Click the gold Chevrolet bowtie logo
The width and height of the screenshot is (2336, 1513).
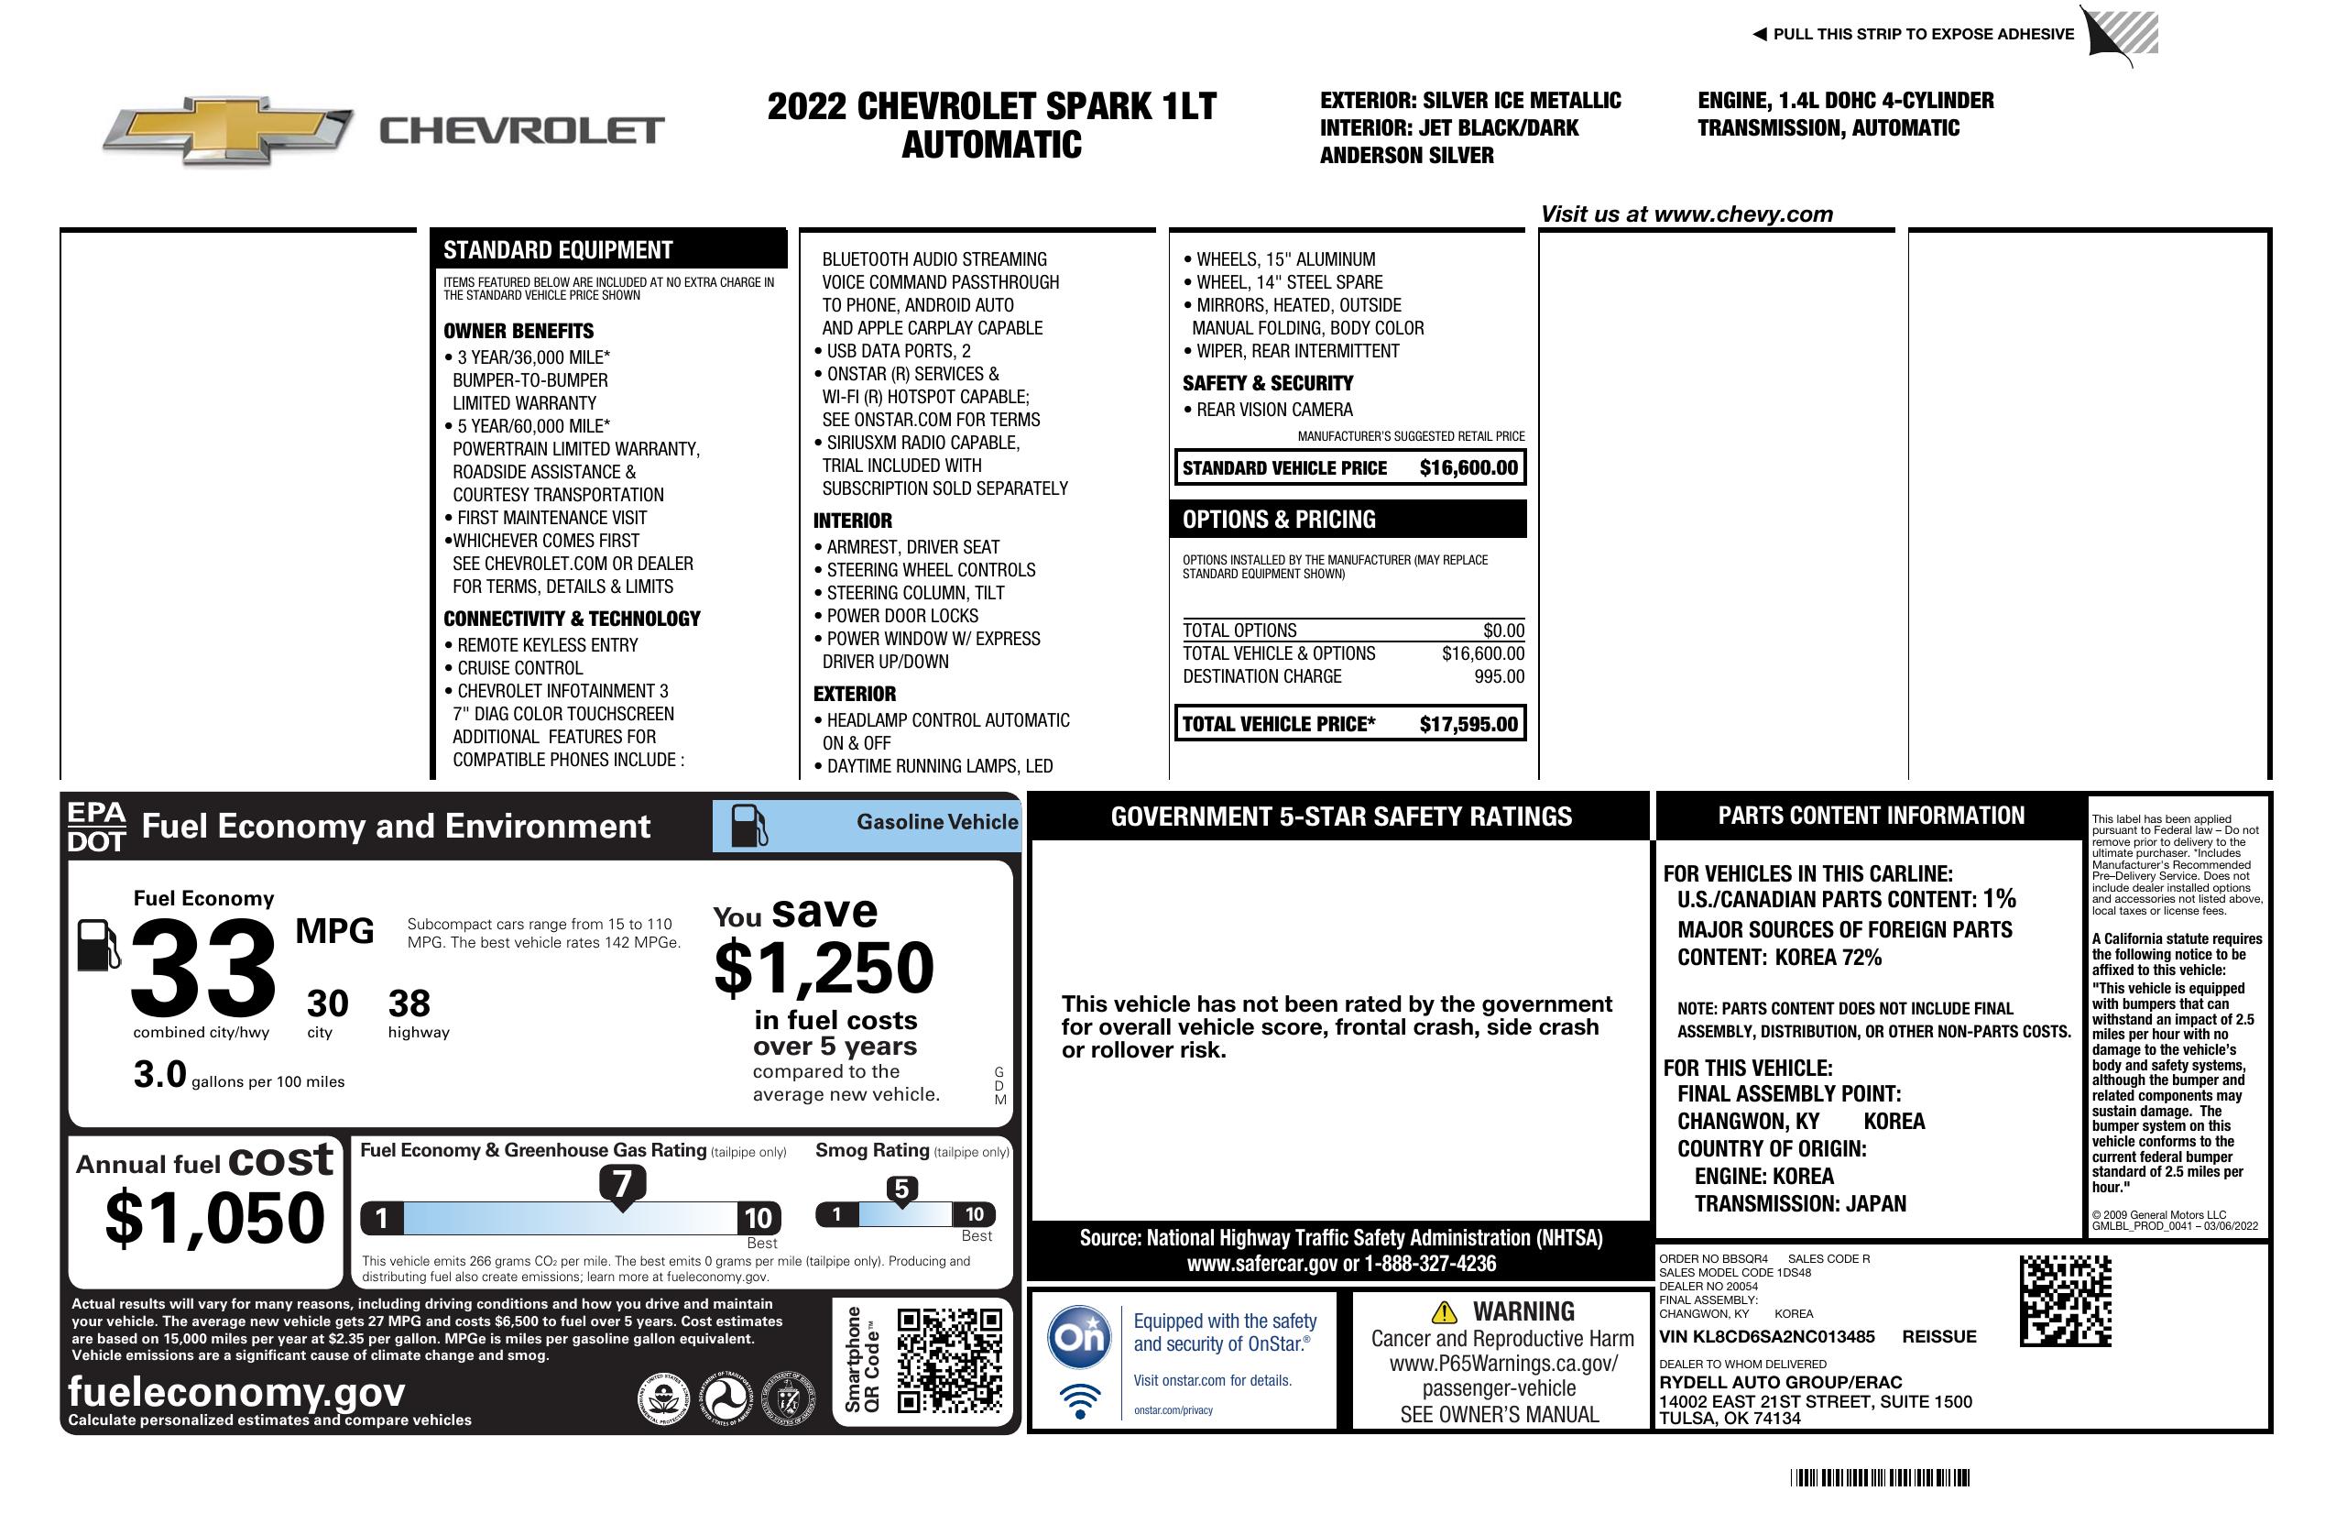click(229, 129)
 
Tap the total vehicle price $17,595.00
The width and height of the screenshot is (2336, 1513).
click(1468, 725)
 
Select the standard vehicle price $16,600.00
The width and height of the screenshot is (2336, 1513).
click(1468, 468)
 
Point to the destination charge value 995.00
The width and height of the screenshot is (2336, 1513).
click(1499, 676)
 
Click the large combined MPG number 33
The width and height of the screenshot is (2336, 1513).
click(203, 968)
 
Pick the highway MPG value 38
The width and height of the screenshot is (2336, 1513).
click(409, 1003)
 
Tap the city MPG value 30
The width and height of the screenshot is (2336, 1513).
click(327, 1003)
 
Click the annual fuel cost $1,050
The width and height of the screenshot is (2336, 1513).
click(214, 1218)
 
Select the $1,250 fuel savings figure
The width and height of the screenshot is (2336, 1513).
click(824, 968)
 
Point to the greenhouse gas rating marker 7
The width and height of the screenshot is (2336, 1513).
click(622, 1184)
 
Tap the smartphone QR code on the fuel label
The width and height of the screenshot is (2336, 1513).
click(949, 1360)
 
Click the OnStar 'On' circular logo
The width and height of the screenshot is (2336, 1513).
click(1079, 1336)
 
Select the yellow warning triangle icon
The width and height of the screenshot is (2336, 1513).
click(1444, 1311)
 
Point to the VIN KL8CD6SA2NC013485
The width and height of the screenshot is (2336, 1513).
click(1767, 1337)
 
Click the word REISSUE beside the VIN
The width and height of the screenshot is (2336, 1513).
click(1938, 1337)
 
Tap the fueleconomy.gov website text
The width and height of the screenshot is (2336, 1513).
click(236, 1392)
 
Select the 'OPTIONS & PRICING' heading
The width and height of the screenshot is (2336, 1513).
click(1278, 520)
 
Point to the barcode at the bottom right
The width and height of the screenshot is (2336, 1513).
click(1879, 1477)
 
